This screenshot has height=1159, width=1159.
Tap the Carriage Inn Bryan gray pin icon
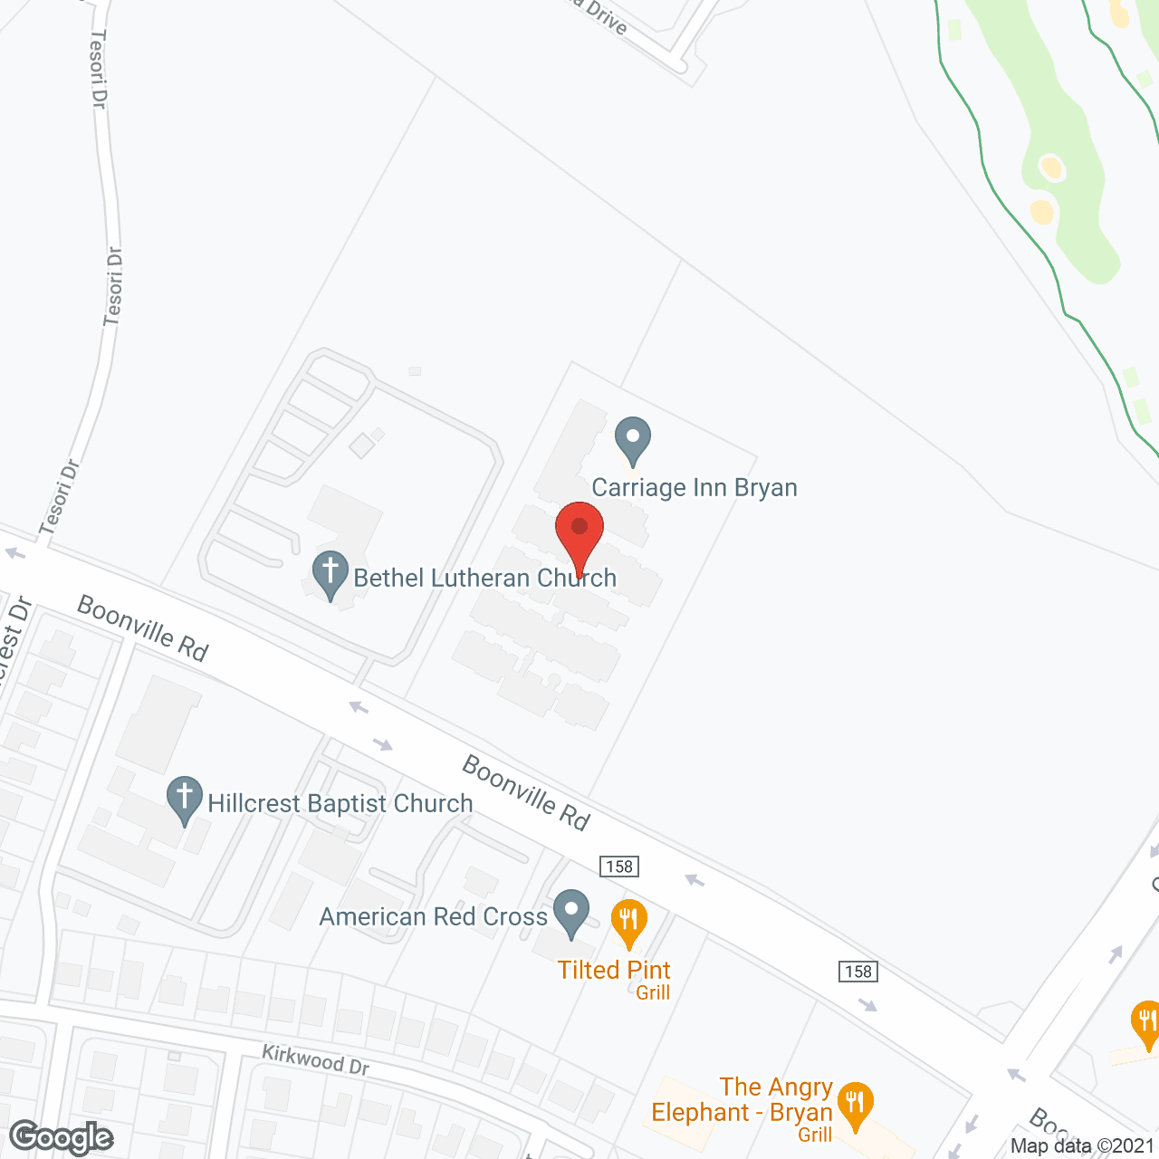click(633, 439)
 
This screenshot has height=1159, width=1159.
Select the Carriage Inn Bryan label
click(694, 488)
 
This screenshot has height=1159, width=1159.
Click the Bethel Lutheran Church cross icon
click(330, 573)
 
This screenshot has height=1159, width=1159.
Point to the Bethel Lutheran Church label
click(484, 578)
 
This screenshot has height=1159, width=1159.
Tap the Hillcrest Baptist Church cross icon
click(185, 799)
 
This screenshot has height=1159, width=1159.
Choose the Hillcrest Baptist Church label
click(340, 803)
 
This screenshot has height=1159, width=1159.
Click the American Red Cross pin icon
click(571, 912)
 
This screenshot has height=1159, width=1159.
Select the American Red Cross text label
click(433, 917)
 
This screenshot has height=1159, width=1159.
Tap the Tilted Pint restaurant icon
click(628, 922)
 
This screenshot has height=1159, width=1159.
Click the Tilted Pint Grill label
click(615, 979)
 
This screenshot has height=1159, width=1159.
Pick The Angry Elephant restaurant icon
click(855, 1105)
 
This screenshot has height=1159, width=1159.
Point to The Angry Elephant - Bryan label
click(742, 1100)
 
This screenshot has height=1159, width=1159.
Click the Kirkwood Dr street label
click(315, 1059)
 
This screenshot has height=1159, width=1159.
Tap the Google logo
click(61, 1138)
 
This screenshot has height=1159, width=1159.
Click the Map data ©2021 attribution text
click(1083, 1145)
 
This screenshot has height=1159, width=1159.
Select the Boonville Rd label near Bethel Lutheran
click(142, 627)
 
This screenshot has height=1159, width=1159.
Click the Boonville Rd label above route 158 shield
click(526, 792)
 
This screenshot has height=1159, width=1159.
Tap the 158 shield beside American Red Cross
click(619, 867)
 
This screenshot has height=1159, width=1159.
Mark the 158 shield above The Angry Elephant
click(857, 972)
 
